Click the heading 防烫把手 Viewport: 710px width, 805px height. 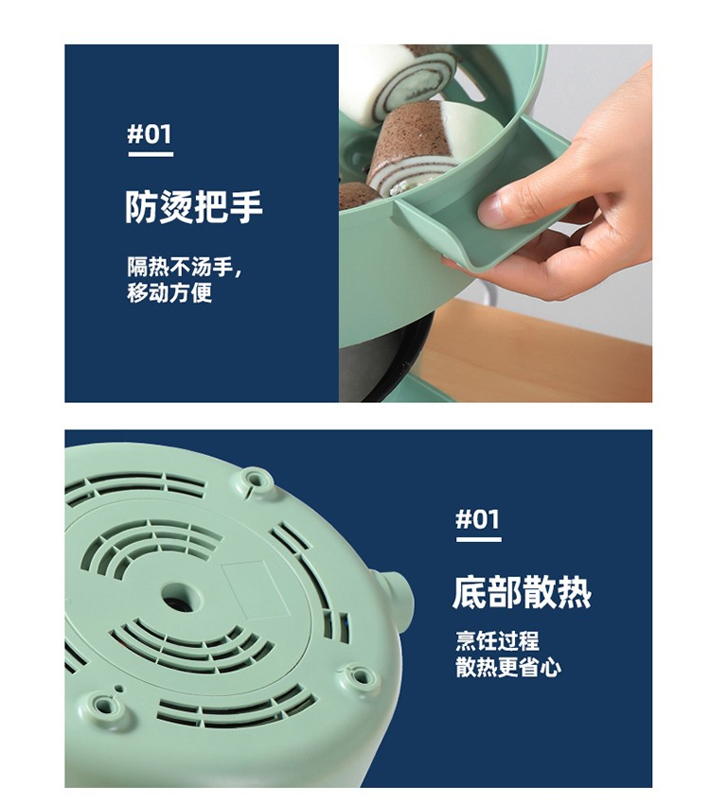(x=194, y=207)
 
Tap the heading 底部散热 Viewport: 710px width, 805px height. (x=522, y=592)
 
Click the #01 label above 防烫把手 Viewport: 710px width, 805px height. (x=150, y=134)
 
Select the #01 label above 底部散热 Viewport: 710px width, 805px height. (x=478, y=519)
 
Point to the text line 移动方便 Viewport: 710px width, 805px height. (x=169, y=292)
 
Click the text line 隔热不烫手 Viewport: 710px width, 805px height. (x=182, y=267)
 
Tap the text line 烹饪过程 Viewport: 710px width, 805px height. (x=497, y=641)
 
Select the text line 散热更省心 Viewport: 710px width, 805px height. (x=508, y=668)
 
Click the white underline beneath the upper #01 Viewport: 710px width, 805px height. (x=151, y=154)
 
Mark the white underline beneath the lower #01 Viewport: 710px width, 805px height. (x=479, y=539)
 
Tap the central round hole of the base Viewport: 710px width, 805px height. (x=183, y=597)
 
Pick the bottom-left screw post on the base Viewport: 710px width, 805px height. (x=105, y=706)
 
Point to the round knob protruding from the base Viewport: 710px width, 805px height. (x=397, y=596)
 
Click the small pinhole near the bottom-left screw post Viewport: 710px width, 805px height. (x=119, y=689)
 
